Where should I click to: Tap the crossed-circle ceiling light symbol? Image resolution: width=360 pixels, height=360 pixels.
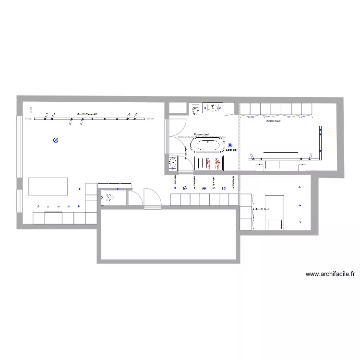(x=56, y=140)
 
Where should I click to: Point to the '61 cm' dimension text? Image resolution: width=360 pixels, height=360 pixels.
(x=28, y=119)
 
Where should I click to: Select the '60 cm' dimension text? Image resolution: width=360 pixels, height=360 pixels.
(x=150, y=118)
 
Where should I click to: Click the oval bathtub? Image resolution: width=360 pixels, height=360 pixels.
(x=207, y=145)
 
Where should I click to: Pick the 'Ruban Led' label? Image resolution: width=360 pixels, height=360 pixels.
(x=201, y=134)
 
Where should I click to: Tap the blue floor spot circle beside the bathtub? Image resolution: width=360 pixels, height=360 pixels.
(x=230, y=145)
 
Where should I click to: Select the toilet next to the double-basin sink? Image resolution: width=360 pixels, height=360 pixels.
(x=196, y=110)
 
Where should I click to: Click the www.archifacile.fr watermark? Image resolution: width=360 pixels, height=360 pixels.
(x=330, y=275)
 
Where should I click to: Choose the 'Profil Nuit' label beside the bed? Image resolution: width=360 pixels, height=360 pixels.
(x=263, y=209)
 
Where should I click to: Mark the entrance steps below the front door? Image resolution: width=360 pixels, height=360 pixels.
(x=153, y=207)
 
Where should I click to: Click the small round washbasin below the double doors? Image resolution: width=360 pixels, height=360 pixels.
(x=172, y=164)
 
